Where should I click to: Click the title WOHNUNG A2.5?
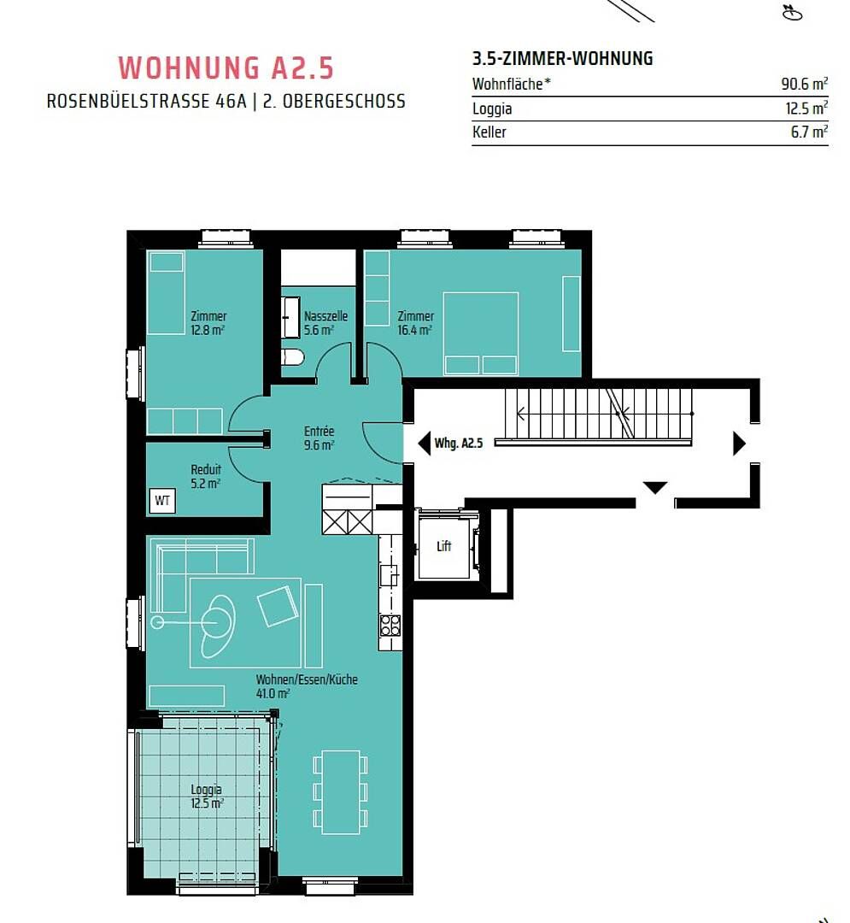point(226,68)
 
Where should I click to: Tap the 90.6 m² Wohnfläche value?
point(804,84)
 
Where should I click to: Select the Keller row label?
point(489,132)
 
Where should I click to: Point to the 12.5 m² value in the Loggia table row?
point(806,109)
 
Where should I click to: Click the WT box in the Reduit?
point(162,501)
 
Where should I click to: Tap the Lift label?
point(443,546)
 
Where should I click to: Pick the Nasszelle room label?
point(325,316)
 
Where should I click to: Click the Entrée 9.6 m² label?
point(319,438)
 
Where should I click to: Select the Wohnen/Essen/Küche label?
point(307,679)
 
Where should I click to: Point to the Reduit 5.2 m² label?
point(206,476)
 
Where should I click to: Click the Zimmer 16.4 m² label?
point(415,323)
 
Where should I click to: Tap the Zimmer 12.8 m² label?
point(208,323)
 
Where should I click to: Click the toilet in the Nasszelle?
point(292,357)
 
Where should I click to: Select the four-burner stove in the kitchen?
point(390,625)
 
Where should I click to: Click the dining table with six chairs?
point(341,791)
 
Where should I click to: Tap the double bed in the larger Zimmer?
point(481,333)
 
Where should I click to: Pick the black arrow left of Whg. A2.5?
point(424,443)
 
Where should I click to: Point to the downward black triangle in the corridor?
point(654,487)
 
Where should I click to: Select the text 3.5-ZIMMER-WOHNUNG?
point(562,58)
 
